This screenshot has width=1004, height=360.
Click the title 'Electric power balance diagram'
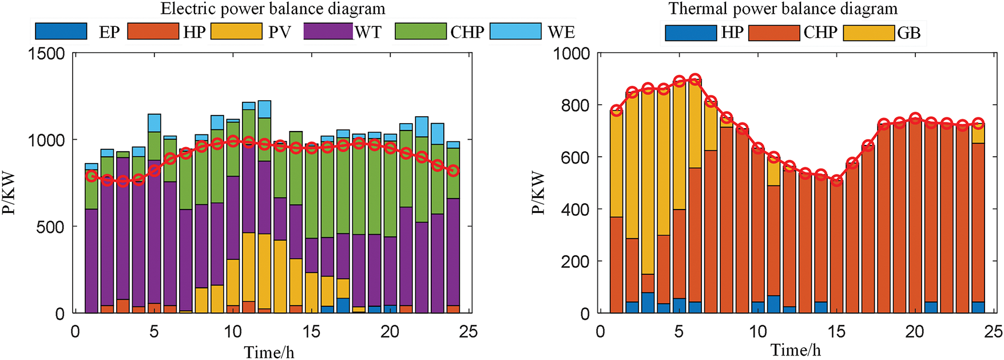tap(273, 9)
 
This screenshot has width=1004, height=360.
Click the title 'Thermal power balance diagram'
tap(783, 9)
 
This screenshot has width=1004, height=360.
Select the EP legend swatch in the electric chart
tap(61, 31)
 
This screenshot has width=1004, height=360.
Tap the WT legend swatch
tap(328, 31)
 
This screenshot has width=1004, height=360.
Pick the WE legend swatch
tap(515, 31)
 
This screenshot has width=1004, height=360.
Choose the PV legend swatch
tap(236, 31)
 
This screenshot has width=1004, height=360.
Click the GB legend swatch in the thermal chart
tap(868, 33)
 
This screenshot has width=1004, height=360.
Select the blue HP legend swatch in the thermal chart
tap(691, 33)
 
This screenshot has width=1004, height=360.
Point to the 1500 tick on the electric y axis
tap(47, 54)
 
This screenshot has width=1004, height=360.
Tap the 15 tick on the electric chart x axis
tap(311, 332)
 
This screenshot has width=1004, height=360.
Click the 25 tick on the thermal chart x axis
tap(993, 332)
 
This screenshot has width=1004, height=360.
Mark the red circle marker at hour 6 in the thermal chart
tap(695, 80)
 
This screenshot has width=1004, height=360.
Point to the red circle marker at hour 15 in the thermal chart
tap(836, 180)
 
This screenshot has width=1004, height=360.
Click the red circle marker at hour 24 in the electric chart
tap(453, 171)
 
